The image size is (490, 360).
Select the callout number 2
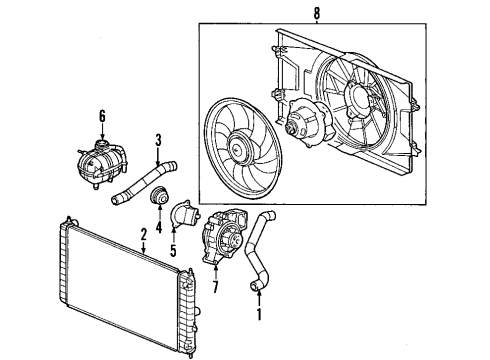point(144,234)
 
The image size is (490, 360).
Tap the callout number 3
point(157,140)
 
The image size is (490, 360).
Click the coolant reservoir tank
point(98,161)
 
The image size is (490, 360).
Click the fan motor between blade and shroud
point(301,125)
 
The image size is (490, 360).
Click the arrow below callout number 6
point(101,129)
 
